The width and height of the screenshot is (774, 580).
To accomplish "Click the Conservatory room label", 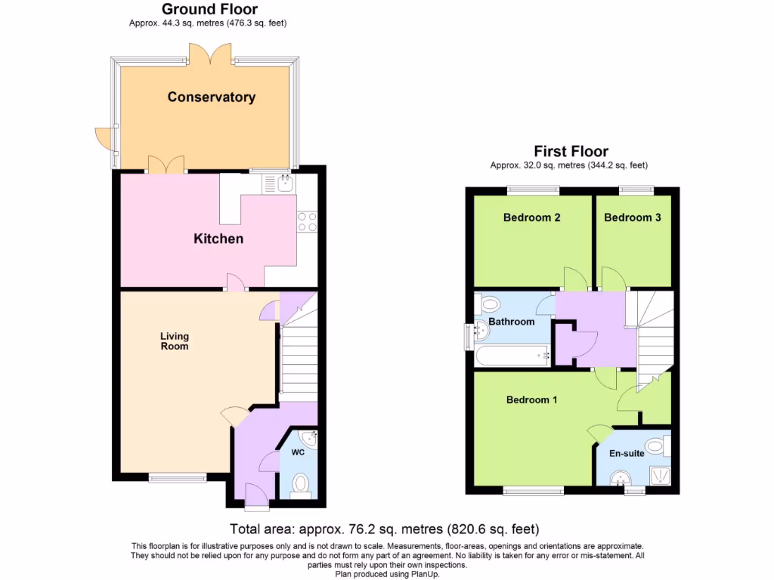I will tap(211, 97).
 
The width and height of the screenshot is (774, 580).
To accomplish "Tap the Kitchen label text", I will tap(218, 239).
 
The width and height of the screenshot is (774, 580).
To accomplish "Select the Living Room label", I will tap(174, 341).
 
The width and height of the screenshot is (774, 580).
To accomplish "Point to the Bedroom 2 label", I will tap(531, 217).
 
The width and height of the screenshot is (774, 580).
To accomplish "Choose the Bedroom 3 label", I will tap(633, 217).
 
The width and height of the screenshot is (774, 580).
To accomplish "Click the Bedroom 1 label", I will tap(531, 400).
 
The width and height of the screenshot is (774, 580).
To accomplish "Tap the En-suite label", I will tap(627, 454).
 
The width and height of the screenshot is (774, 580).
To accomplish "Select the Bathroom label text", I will tap(511, 322).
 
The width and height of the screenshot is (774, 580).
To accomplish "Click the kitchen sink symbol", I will tap(285, 183).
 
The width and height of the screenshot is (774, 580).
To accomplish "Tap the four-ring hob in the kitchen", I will tap(307, 221).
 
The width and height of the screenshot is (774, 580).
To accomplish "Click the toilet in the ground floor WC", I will tap(301, 483).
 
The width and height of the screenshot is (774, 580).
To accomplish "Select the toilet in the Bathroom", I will tap(490, 304).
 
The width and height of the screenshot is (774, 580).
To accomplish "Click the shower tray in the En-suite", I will tap(661, 474).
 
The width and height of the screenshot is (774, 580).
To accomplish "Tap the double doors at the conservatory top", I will tap(210, 54).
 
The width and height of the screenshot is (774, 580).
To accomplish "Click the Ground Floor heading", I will tap(209, 10).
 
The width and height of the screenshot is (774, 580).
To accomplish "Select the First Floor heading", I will tap(571, 151).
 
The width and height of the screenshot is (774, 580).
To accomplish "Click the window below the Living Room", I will tap(177, 477).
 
